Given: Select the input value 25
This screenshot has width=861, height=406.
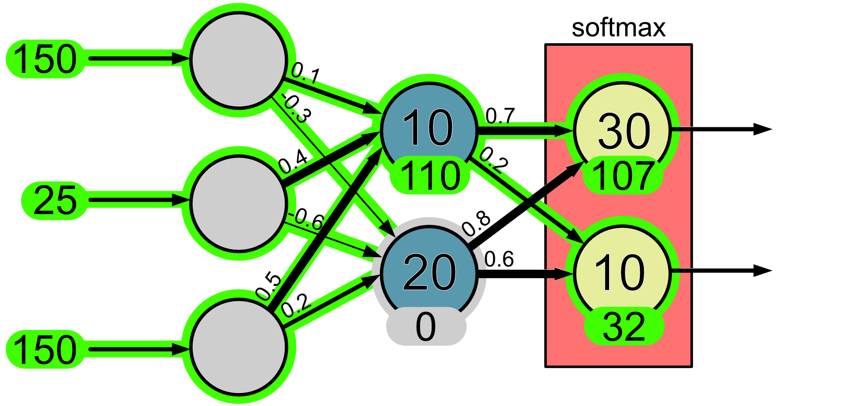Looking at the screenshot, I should coord(55,201).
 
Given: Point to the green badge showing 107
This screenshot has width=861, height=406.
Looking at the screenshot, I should coord(623,176).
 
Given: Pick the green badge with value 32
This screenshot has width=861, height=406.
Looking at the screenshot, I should coord(624,326).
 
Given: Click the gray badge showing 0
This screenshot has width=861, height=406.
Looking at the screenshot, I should coord(426,326).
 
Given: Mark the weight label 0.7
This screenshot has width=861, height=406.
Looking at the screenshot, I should coord(500,116).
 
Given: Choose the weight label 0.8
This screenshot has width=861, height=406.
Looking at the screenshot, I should coord(476,224).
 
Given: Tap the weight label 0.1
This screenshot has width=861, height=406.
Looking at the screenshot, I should coord(306,73).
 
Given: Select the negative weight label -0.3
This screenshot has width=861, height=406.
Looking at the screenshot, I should coord(297,108).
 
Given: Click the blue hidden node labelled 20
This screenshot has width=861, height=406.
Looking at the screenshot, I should coord(429,272).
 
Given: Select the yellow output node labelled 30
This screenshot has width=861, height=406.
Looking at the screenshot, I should coord(623,130).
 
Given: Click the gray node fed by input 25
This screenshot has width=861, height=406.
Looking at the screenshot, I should coord(239,203).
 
